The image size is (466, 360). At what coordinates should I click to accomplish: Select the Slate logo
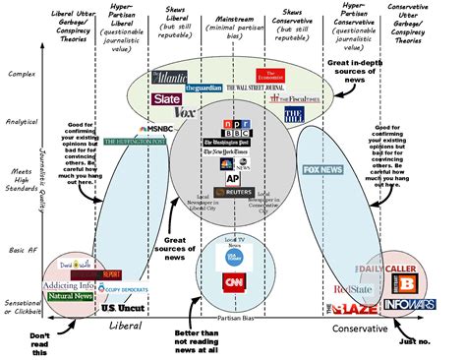165,99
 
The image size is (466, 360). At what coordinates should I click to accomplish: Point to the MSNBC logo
159,128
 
